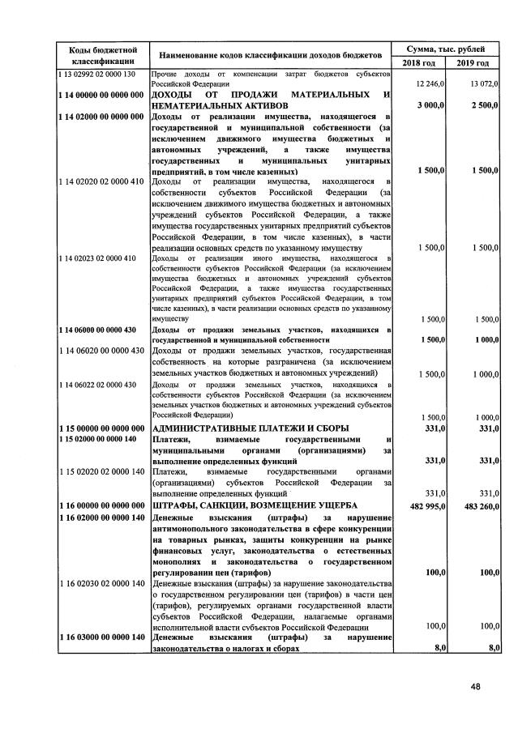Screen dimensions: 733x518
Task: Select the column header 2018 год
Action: (418, 63)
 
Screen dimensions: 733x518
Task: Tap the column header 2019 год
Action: (473, 63)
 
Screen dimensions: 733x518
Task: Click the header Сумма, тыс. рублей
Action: (445, 49)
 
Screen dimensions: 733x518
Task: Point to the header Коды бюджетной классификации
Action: (101, 55)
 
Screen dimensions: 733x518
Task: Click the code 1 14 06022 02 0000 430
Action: (96, 384)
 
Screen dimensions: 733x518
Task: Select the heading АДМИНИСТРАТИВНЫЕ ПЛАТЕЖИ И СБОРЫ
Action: (250, 428)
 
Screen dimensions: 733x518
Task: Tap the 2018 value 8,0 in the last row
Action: (440, 647)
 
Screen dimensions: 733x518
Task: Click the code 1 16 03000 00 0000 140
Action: (101, 637)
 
